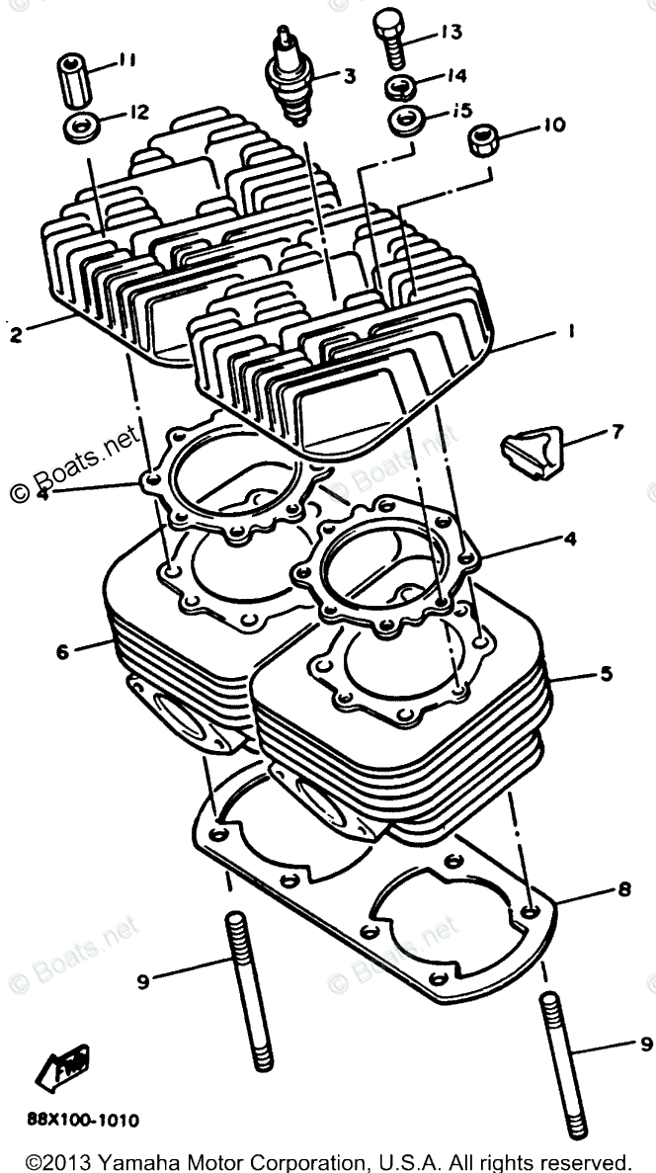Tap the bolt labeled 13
pos(388,38)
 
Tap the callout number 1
pos(570,332)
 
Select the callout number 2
pos(14,334)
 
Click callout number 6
pos(61,651)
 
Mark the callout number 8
pos(623,888)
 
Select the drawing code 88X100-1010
pos(83,1121)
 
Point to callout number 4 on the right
pos(570,539)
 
